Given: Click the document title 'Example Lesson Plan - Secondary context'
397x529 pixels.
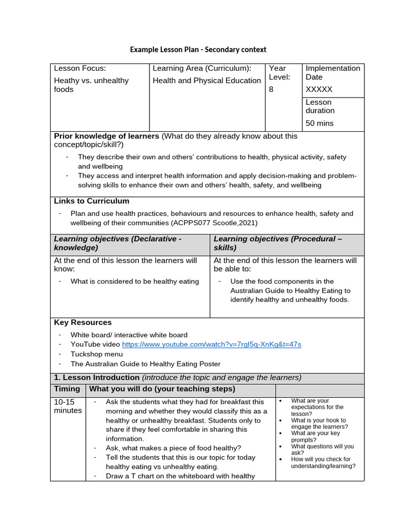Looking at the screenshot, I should (198, 50).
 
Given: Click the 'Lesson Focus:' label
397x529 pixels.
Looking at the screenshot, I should (80, 68).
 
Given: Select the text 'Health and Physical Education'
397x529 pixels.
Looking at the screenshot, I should (207, 81).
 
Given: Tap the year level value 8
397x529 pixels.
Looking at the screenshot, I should (271, 89).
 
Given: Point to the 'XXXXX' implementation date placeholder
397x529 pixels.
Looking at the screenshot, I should (319, 89).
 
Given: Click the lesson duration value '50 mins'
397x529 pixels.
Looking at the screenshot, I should (319, 123).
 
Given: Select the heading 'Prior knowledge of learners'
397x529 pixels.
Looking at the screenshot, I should (106, 136).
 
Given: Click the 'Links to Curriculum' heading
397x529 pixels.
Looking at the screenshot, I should (91, 201).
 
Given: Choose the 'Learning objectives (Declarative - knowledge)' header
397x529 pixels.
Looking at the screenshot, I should (118, 243).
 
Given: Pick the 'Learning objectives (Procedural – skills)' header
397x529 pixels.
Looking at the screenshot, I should (278, 243).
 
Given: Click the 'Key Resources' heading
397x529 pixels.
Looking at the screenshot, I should (83, 322).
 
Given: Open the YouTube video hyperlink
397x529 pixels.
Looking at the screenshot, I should (211, 344).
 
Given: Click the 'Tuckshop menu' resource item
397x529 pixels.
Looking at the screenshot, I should (97, 354).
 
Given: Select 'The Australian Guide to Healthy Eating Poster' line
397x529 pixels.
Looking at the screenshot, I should (145, 364).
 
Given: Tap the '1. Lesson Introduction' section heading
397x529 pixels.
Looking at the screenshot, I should (97, 377).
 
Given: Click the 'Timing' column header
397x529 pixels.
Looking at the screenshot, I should (67, 389).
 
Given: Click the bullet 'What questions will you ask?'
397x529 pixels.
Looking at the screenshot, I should (322, 449).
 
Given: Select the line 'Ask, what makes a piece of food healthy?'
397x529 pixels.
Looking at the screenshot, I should (173, 448).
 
